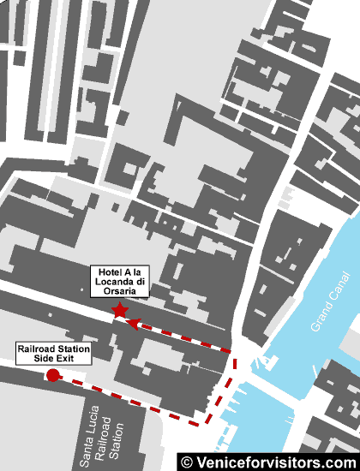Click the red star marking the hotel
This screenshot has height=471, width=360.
point(119,310)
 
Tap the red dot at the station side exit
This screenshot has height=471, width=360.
point(52,375)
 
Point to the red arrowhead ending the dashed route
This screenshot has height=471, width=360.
point(133,323)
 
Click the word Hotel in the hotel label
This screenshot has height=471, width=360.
point(106,272)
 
